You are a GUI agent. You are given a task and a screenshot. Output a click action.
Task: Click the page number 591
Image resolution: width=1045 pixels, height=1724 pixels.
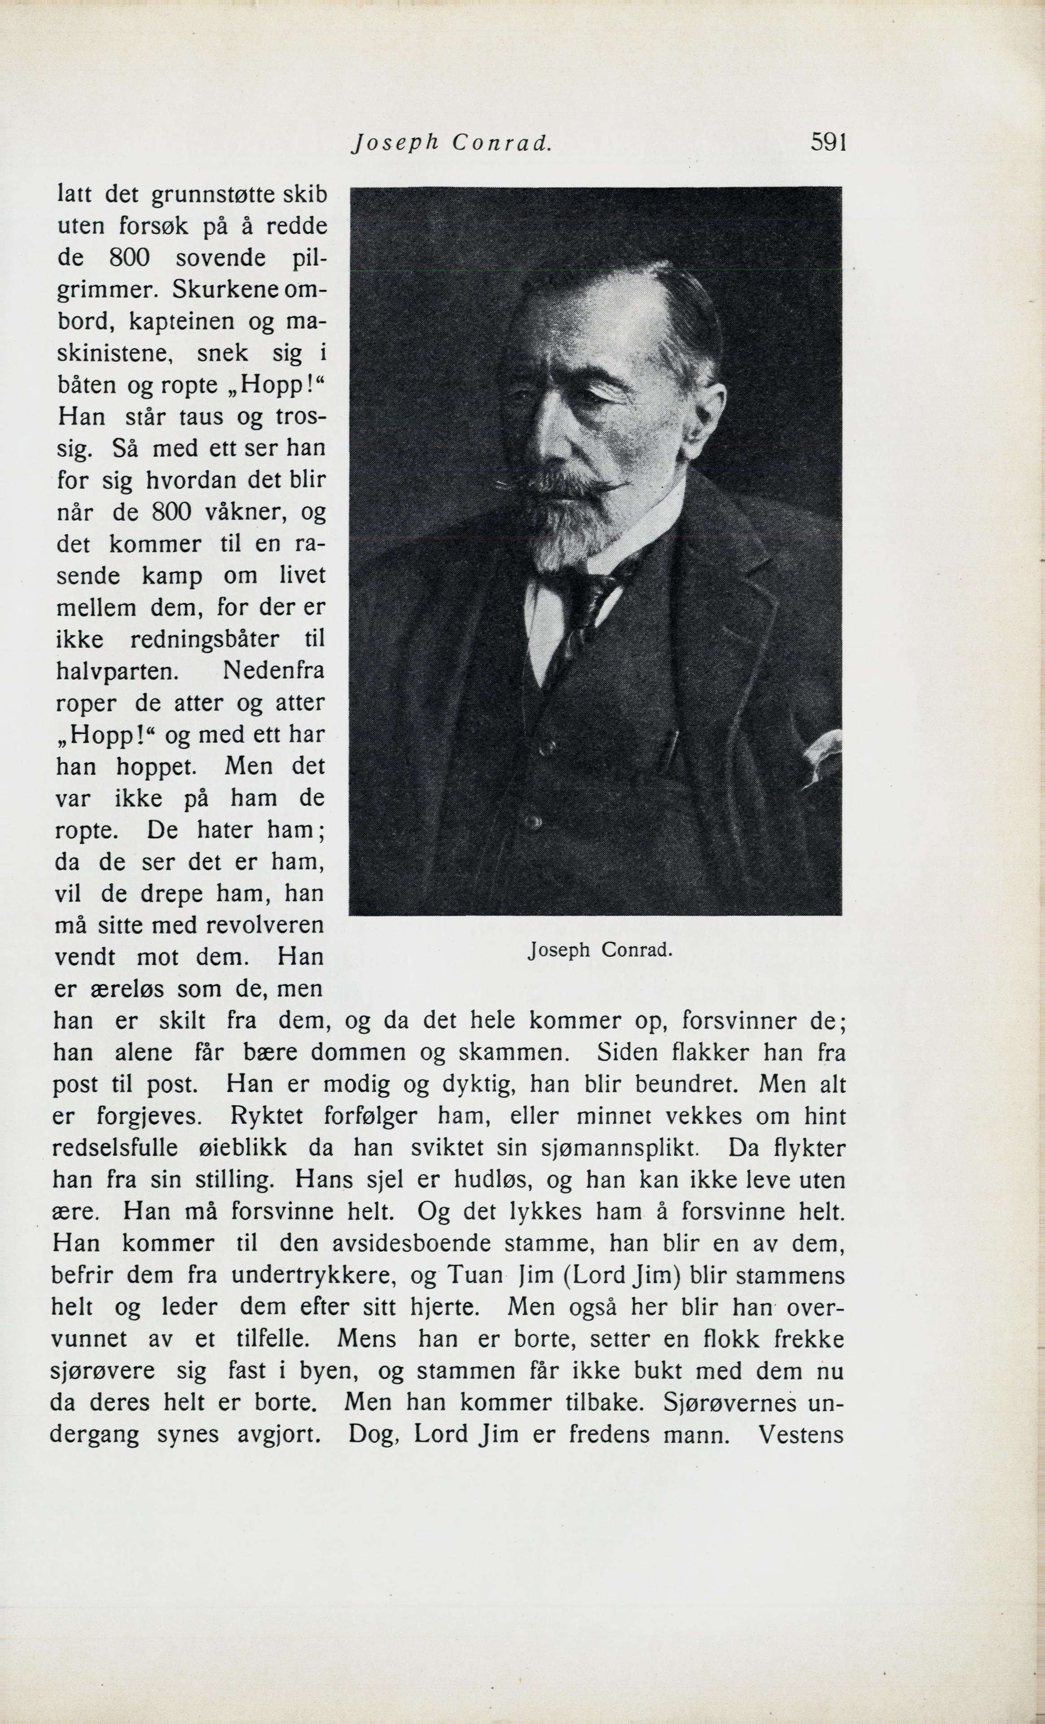[x=829, y=143]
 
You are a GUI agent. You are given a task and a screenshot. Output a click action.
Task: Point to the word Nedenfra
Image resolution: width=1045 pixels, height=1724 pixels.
[x=273, y=671]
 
